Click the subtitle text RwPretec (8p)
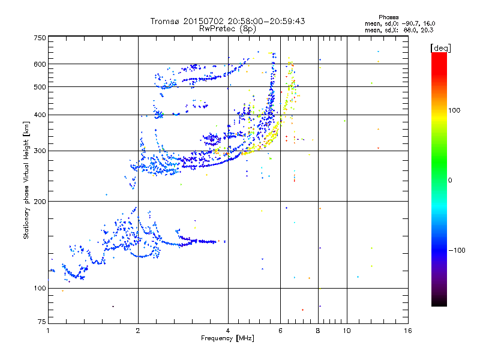pyautogui.click(x=227, y=28)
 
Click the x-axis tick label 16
pyautogui.click(x=408, y=331)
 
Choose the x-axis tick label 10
pyautogui.click(x=346, y=331)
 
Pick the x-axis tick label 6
pyautogui.click(x=281, y=331)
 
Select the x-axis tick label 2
pyautogui.click(x=138, y=331)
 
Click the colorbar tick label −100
pyautogui.click(x=457, y=250)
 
